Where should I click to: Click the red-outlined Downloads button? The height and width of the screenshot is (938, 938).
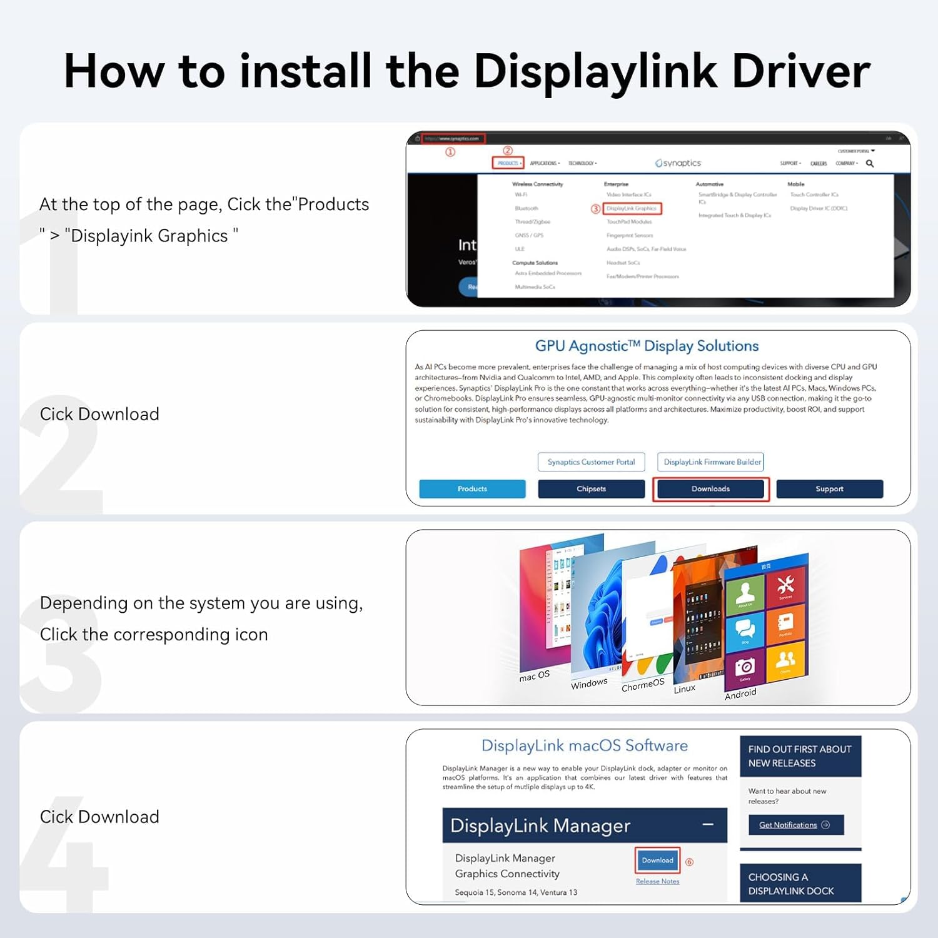710,489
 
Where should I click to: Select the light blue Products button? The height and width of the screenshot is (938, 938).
472,489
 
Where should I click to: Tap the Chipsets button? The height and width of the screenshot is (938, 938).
591,489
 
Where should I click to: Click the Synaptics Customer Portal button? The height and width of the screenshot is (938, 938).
591,462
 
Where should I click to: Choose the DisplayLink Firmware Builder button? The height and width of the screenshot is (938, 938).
712,462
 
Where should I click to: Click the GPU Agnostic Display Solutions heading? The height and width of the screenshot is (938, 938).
647,346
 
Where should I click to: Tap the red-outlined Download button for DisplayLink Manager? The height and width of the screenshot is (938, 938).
657,860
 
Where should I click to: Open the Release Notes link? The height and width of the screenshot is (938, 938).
657,881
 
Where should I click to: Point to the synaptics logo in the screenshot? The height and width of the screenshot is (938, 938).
678,163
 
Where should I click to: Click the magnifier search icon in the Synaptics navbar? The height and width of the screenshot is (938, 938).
870,163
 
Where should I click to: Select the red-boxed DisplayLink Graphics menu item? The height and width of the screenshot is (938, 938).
632,208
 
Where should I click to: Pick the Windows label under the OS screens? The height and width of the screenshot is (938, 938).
589,683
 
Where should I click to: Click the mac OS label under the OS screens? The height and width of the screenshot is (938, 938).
535,676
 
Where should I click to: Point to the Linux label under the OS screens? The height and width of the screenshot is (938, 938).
684,688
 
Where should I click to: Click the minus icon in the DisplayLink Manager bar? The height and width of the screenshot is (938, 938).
708,825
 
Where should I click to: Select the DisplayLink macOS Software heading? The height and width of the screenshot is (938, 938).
584,745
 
